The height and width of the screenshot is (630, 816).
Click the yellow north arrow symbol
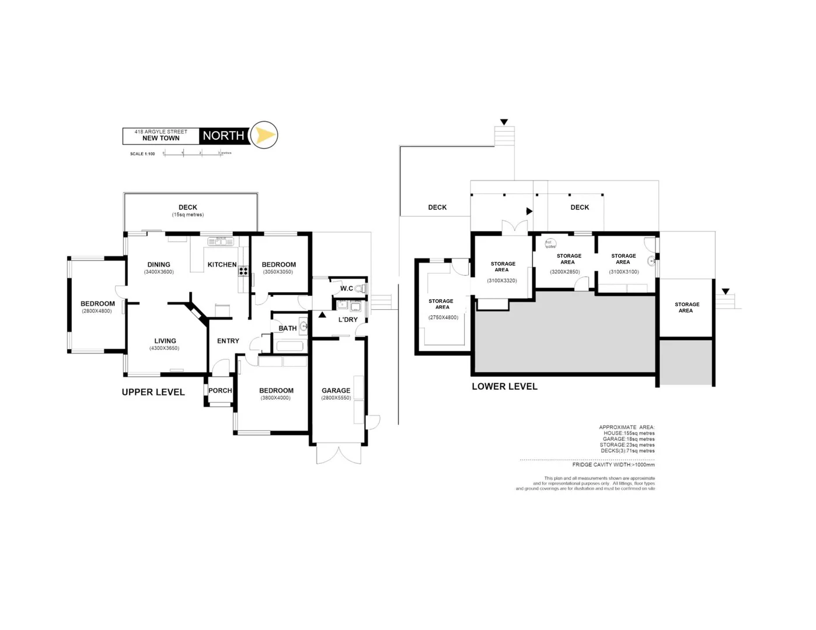coord(265,135)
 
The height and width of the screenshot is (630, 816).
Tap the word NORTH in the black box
coord(224,136)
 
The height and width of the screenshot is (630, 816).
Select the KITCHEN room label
coord(222,265)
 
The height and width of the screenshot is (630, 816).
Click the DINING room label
coord(159,265)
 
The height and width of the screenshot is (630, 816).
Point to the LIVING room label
coord(165,341)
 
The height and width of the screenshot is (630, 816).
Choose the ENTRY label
coord(228,341)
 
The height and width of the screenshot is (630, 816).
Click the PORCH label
coord(220,391)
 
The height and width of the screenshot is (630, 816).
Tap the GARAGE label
coord(336,391)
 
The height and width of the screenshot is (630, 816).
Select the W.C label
coord(347,289)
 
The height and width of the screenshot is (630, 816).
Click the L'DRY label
coord(348,320)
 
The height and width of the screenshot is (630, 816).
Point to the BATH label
coord(288,328)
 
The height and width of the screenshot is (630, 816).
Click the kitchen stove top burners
coord(243,271)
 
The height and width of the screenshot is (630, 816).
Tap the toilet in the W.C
coord(360,289)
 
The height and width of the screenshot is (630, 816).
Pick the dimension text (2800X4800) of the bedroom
coord(97,311)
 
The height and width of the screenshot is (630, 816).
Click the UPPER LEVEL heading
coord(154,393)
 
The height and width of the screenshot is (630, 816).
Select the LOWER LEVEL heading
coord(505,386)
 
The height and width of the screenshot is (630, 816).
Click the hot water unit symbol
coord(550,244)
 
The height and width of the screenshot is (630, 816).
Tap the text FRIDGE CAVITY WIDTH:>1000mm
coord(613,465)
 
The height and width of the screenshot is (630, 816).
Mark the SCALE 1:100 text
coord(142,154)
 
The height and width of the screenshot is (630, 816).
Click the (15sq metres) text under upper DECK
coord(188,215)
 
